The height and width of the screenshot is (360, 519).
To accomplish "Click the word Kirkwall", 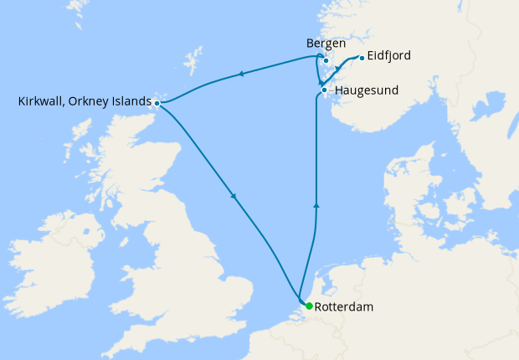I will pyautogui.click(x=41, y=102).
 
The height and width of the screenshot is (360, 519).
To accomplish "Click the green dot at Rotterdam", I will pyautogui.click(x=309, y=306).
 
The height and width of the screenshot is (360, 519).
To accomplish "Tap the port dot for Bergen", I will pyautogui.click(x=326, y=60).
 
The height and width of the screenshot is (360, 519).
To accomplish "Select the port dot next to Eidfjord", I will pyautogui.click(x=362, y=58).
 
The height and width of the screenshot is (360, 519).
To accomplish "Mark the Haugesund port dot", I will pyautogui.click(x=324, y=90).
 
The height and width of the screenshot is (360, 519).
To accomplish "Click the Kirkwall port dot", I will pyautogui.click(x=157, y=103).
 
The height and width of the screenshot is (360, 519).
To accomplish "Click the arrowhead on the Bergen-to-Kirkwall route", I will pyautogui.click(x=241, y=75).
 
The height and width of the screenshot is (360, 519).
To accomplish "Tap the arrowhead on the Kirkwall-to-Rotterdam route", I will pyautogui.click(x=232, y=198).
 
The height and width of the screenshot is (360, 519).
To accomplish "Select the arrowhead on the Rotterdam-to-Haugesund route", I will pyautogui.click(x=316, y=203).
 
